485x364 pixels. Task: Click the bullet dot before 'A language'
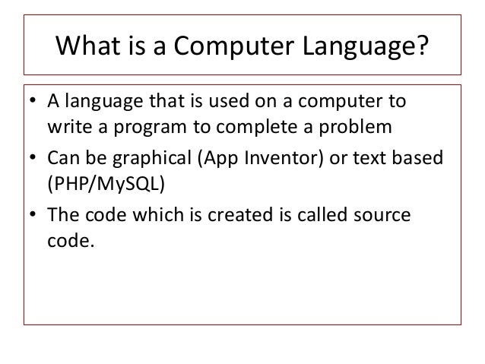point(34,102)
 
